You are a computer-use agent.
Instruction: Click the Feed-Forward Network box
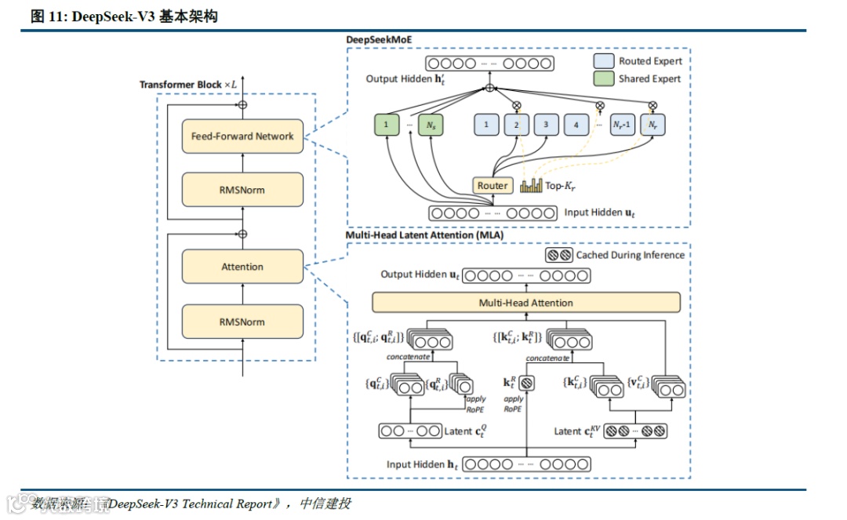click(x=242, y=136)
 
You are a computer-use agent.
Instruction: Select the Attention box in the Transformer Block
click(x=242, y=267)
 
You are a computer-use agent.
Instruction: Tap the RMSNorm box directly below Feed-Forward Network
click(x=242, y=190)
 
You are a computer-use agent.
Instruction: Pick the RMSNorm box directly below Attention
click(x=242, y=322)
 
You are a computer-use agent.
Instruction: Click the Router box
click(x=493, y=186)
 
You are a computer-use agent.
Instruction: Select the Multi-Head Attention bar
click(x=525, y=303)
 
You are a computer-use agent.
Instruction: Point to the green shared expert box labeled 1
click(x=386, y=124)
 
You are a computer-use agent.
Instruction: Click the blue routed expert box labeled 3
click(x=545, y=124)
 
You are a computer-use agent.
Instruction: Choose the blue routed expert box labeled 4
click(x=576, y=124)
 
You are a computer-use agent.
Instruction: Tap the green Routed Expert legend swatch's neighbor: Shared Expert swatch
click(x=603, y=78)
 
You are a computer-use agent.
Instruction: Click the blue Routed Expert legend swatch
click(x=603, y=60)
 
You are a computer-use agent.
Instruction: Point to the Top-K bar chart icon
click(x=532, y=185)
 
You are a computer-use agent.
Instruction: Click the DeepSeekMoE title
click(x=380, y=39)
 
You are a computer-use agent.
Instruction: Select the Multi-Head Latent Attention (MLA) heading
click(x=425, y=235)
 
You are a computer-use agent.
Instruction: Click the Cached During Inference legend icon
click(x=558, y=255)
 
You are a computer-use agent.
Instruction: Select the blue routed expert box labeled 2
click(x=516, y=124)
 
